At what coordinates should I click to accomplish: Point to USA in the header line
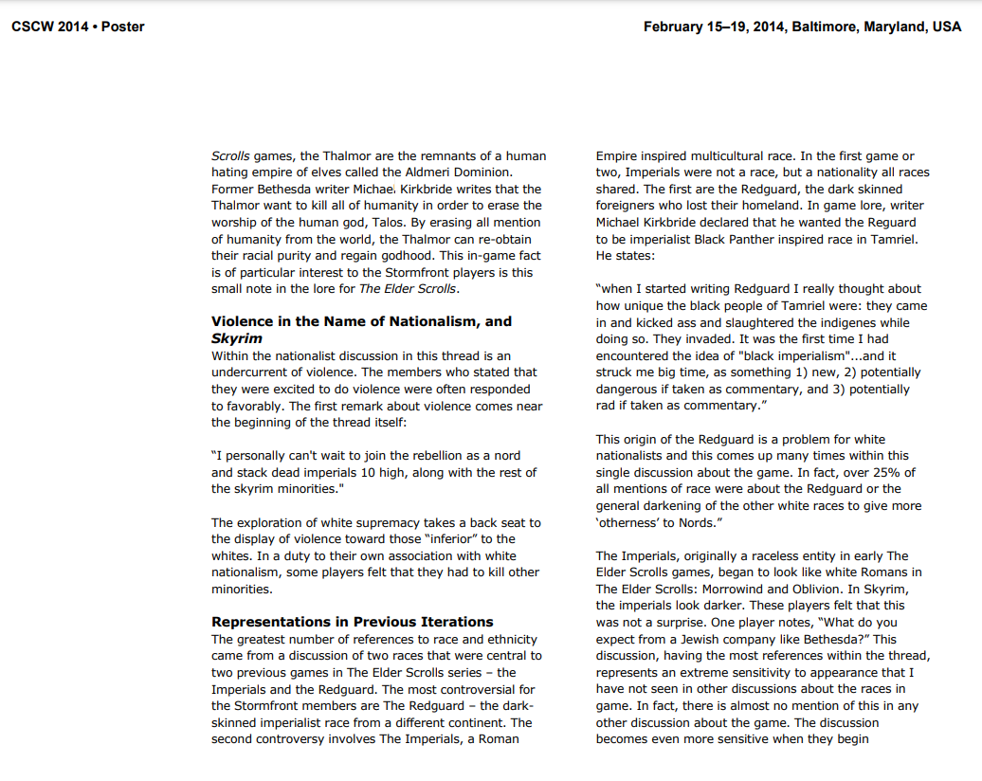(x=946, y=27)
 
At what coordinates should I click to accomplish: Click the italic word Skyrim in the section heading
(x=237, y=338)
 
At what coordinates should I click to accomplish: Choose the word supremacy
(x=390, y=522)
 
